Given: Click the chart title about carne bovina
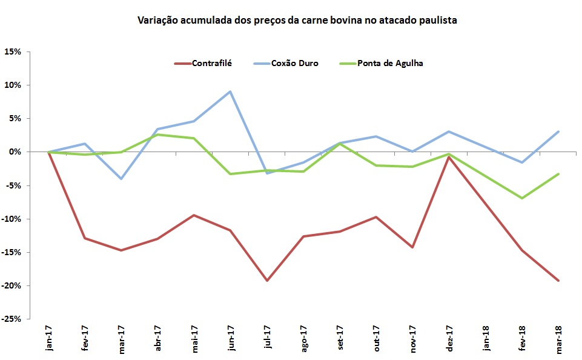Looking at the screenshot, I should (x=297, y=21).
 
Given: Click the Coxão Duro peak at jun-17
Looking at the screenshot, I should (x=230, y=92).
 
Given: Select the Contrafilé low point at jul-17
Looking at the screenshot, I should (x=266, y=281).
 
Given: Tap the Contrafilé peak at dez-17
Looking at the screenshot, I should (x=449, y=157).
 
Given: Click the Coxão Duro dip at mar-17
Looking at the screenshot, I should (x=121, y=179).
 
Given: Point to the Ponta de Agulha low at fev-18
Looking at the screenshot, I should (x=521, y=198).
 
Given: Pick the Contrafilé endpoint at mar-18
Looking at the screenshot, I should (x=558, y=281).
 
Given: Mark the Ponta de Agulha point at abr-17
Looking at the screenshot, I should (x=157, y=135).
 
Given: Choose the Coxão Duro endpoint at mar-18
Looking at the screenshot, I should (x=558, y=132).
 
